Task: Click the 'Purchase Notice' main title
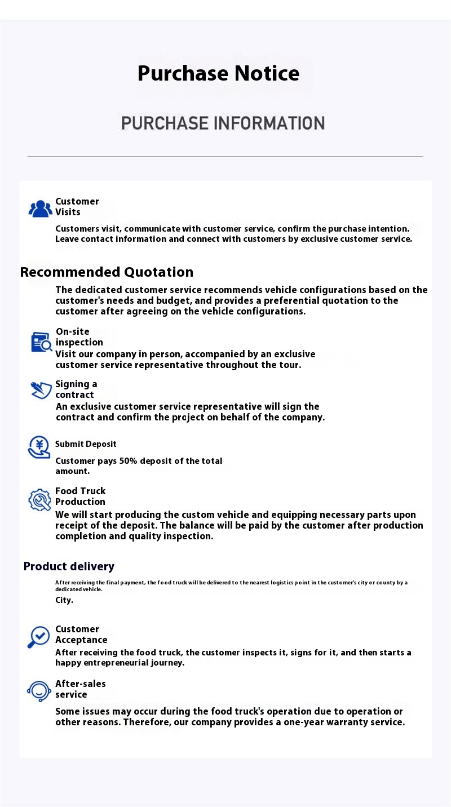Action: [218, 73]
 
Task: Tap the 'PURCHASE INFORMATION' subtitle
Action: [223, 123]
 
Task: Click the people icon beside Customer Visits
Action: [40, 209]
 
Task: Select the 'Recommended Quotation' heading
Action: [107, 272]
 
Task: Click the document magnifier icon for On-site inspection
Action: [41, 342]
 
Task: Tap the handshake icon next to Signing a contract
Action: [41, 390]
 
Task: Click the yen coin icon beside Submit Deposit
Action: [39, 447]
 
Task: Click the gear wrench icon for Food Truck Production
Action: [39, 499]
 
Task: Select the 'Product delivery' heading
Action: [69, 566]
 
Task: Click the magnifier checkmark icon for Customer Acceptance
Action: [38, 637]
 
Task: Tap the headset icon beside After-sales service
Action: [39, 691]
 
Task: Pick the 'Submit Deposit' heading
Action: [86, 444]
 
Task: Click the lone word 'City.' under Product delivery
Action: [64, 600]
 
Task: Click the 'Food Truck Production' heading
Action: [80, 496]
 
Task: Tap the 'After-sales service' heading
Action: [80, 689]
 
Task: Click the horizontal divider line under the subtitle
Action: [225, 156]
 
